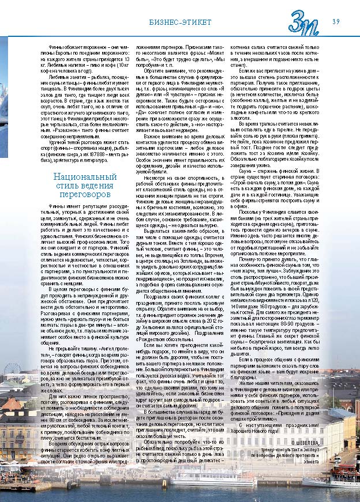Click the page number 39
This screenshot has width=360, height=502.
pyautogui.click(x=335, y=21)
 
